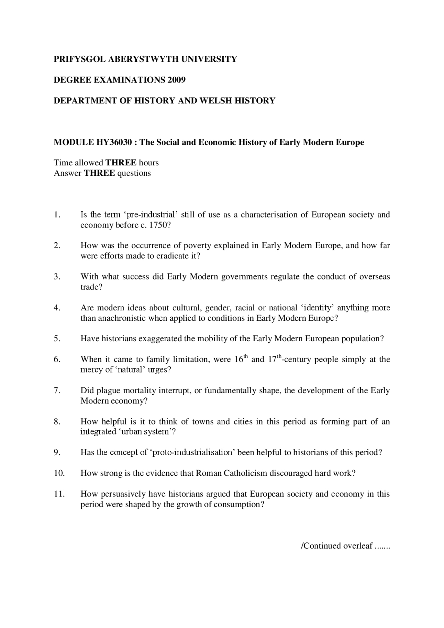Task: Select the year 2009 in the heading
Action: [177, 80]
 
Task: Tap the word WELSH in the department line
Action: [215, 101]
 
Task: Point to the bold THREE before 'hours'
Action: [121, 163]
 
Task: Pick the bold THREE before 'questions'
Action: [99, 173]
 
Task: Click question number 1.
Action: [57, 215]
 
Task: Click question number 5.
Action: [57, 338]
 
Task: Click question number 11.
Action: [59, 494]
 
